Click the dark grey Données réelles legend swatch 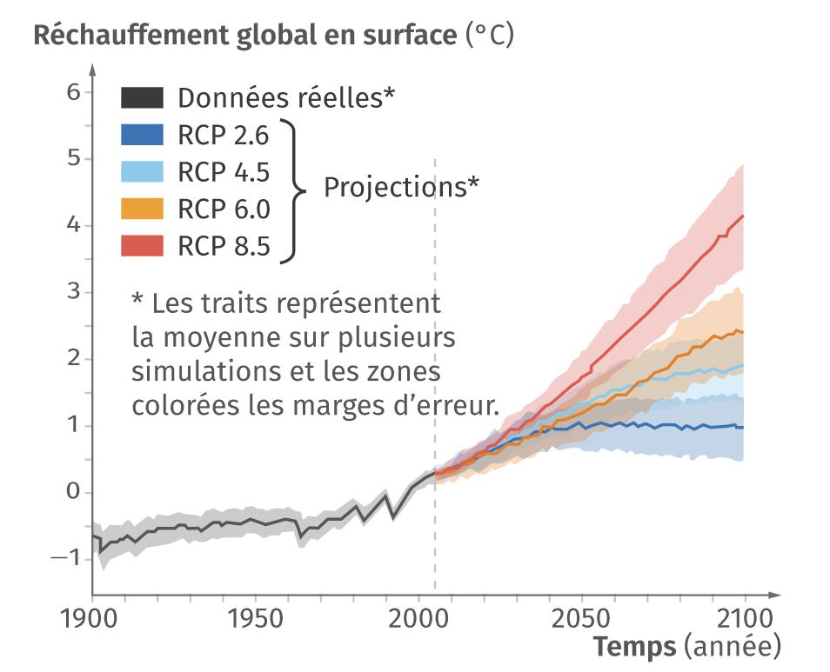[142, 97]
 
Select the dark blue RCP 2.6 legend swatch [142, 134]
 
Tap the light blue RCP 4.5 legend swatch [142, 171]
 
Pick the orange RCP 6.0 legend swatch [142, 210]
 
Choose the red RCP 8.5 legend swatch [142, 247]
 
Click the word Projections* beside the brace [401, 187]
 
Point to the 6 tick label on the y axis [73, 91]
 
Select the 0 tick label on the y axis [73, 492]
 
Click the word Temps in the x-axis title [635, 648]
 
